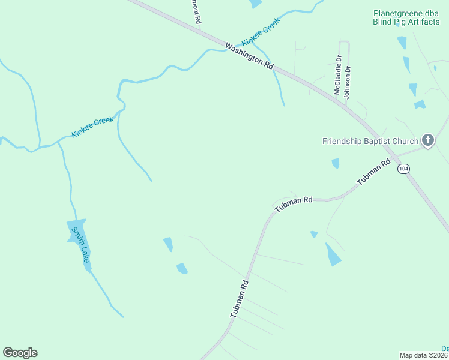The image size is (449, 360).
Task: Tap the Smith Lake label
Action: [80, 244]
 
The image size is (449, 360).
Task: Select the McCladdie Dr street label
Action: [337, 75]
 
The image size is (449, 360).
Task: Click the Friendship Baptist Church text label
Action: [370, 142]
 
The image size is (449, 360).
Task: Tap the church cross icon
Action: [427, 140]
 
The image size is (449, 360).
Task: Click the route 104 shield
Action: [403, 169]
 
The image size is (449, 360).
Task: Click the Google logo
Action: [20, 353]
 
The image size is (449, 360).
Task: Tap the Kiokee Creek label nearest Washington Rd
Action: [261, 32]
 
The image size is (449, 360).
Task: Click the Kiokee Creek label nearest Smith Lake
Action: [92, 127]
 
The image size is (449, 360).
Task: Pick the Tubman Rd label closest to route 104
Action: [373, 173]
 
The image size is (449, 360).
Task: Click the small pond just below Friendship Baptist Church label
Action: [335, 163]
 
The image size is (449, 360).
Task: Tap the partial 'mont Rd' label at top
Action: [196, 11]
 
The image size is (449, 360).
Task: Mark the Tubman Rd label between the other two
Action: [294, 204]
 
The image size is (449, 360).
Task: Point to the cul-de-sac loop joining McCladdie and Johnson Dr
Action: [344, 41]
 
